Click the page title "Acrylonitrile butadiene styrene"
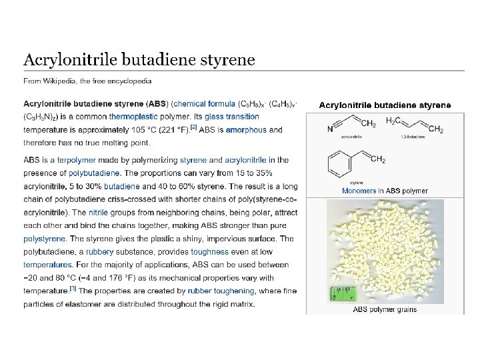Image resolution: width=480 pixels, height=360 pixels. coord(139,60)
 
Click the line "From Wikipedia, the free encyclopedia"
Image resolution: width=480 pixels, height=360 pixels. coord(87,81)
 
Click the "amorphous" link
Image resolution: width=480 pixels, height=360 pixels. coord(245,130)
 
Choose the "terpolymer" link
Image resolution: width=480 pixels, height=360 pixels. coord(77,160)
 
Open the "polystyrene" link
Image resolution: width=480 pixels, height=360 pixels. coord(44,238)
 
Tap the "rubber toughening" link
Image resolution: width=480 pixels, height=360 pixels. coord(221,291)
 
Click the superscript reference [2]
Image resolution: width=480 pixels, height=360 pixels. coord(193,127)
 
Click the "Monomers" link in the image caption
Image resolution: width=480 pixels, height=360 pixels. coord(359,191)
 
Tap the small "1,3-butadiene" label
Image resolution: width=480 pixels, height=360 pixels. coord(411,136)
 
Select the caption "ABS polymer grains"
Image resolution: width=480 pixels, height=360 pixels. coord(385,309)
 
